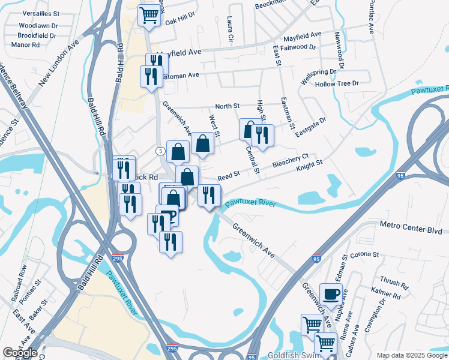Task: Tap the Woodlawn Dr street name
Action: coord(38,26)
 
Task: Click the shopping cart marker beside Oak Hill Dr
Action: coord(149,16)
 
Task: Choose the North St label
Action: coord(228,106)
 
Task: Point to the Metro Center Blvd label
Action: coord(411,230)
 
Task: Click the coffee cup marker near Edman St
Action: coord(330,293)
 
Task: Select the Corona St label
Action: coord(365,254)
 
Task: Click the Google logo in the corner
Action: coord(20,353)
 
